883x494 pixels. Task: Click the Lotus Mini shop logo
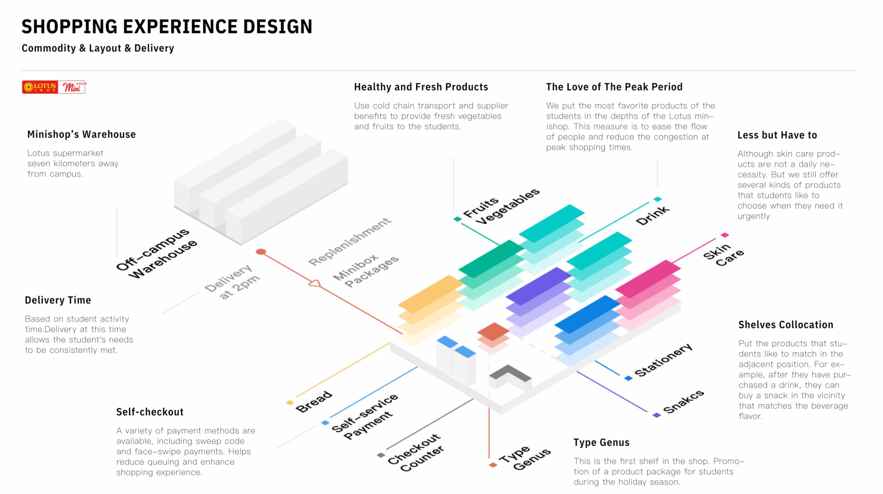coord(54,87)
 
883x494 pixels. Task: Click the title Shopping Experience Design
coord(167,26)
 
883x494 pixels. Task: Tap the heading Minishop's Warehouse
coord(82,135)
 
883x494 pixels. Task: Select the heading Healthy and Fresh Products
coord(421,87)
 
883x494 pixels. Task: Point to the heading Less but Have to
coord(777,136)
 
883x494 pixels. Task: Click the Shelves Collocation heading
coord(786,325)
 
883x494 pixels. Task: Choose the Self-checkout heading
coord(150,412)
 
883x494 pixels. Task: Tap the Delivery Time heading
coord(58,300)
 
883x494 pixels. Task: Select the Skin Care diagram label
coord(724,254)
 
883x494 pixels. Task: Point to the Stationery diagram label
coord(663,360)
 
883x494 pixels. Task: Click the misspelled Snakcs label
coord(683,401)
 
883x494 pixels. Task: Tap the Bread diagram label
coord(314,402)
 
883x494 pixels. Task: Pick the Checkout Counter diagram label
coord(416,452)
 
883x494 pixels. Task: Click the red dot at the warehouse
coord(261,252)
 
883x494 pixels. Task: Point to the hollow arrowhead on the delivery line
coord(315,283)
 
